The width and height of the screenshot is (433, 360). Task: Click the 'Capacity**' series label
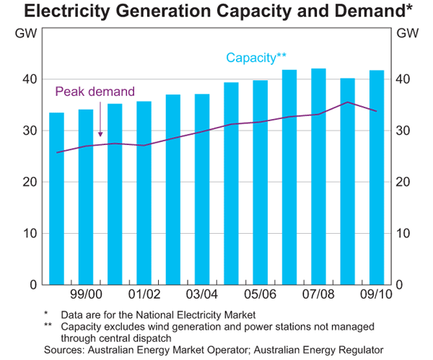tap(257, 58)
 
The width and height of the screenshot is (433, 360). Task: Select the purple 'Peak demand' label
tap(95, 92)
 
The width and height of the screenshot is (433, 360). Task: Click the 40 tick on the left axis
tap(32, 79)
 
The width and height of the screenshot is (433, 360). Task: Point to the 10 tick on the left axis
tap(32, 233)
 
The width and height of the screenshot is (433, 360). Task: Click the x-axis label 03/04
tap(202, 295)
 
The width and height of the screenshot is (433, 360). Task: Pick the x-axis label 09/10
tap(377, 295)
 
